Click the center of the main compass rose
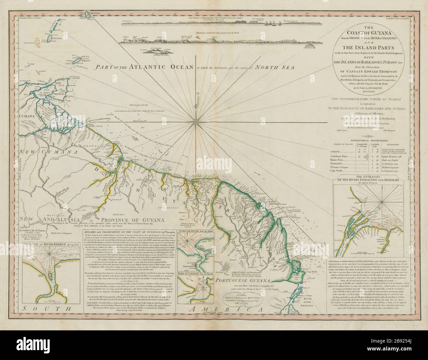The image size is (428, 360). (197, 123)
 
